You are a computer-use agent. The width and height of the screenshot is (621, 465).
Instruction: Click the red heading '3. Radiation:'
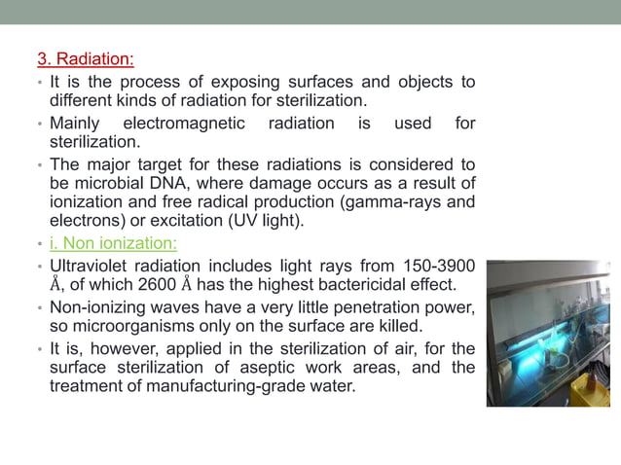click(x=86, y=61)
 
